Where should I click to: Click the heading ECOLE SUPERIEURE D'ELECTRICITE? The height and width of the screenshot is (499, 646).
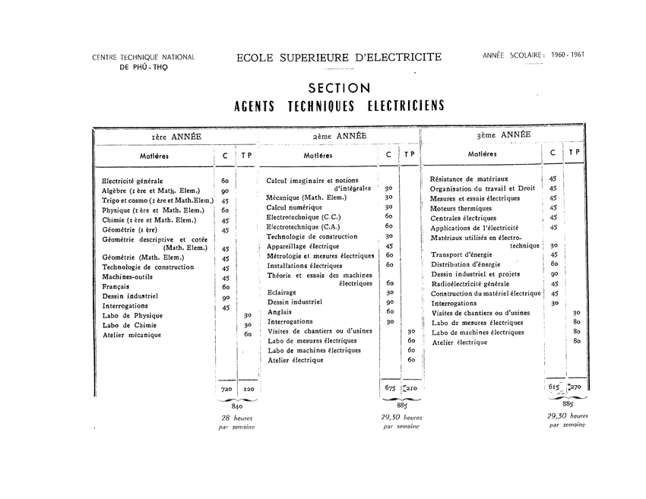click(338, 58)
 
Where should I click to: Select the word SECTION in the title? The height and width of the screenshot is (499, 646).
click(340, 88)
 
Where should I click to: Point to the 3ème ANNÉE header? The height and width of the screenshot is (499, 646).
click(502, 134)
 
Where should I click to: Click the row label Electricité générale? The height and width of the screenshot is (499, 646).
click(132, 181)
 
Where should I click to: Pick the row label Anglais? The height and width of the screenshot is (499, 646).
click(280, 311)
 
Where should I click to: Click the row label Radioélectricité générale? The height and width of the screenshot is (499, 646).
click(474, 283)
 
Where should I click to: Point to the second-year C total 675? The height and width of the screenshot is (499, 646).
click(391, 387)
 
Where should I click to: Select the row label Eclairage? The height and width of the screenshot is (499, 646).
click(282, 292)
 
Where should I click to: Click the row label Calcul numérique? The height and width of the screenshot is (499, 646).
click(294, 207)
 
